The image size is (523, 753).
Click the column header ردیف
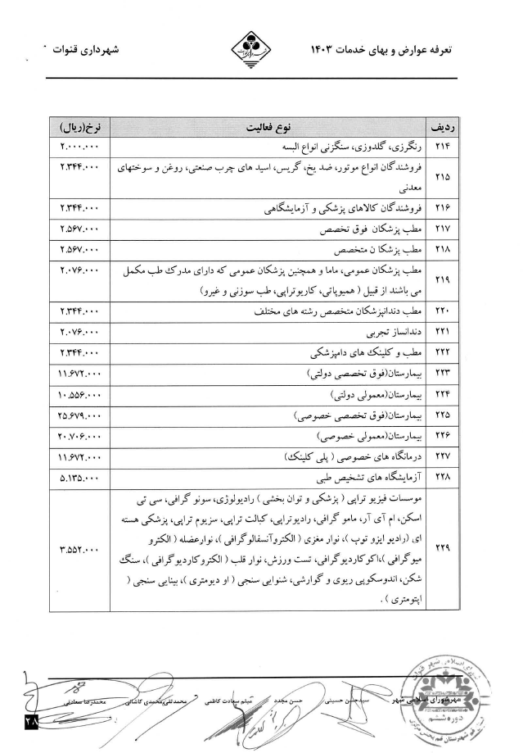[442, 129]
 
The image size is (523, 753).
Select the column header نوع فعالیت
[273, 129]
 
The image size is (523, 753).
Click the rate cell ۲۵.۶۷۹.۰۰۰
[79, 416]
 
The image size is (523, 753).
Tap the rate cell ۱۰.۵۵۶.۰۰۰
[79, 396]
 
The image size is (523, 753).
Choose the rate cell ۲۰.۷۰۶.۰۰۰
[79, 436]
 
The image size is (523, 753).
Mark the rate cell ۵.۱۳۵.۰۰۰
[79, 476]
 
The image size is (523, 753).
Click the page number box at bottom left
[29, 719]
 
